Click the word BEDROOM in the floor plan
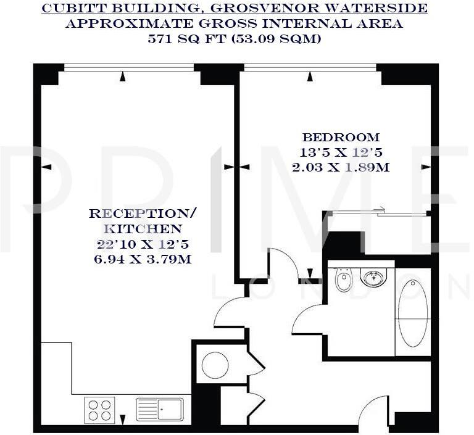[x=341, y=137]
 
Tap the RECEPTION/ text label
[x=143, y=214]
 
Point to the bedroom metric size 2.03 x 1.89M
[x=341, y=167]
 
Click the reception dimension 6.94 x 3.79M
[x=143, y=259]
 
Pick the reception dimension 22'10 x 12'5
[x=143, y=244]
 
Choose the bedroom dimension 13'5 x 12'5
[x=341, y=152]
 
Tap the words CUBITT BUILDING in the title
[x=108, y=9]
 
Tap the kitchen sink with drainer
[x=159, y=409]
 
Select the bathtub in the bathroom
[x=413, y=313]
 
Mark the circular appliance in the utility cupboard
[x=215, y=365]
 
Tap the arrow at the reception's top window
[x=123, y=76]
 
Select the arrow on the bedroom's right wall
[x=425, y=167]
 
